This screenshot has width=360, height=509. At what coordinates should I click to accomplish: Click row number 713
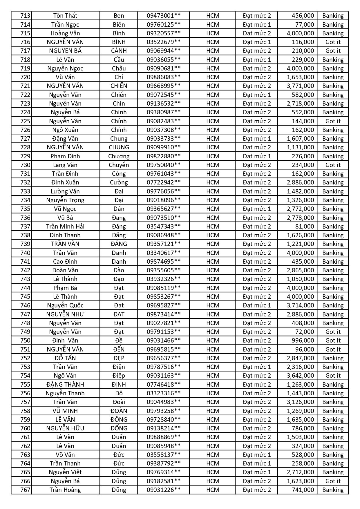coord(25,16)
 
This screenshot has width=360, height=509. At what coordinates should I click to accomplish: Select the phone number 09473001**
coord(164,16)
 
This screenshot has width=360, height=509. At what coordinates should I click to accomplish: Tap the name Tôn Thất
coord(65,16)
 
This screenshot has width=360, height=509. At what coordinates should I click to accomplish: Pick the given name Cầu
coord(119,60)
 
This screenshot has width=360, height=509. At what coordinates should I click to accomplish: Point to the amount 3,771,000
coord(300,86)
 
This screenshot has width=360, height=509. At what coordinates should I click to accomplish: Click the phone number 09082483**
coord(164,121)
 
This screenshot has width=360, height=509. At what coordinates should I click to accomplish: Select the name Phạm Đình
coord(65,156)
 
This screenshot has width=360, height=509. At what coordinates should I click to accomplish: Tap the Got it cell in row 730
coord(333,165)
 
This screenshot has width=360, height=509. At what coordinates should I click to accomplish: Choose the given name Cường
coord(119,182)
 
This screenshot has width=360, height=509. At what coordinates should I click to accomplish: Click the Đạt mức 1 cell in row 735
coord(257,209)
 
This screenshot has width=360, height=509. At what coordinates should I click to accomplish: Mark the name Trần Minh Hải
coord(65,227)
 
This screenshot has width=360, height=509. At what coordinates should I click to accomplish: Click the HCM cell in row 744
coord(213,288)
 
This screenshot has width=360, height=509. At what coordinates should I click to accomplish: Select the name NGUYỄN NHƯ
coord(65,314)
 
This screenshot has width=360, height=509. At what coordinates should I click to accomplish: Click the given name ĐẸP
coord(119,358)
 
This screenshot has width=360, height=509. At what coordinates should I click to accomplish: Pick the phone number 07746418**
coord(164,385)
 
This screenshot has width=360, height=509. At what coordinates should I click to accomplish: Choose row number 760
coord(25,428)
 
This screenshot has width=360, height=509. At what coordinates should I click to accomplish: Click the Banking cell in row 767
coord(333,490)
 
